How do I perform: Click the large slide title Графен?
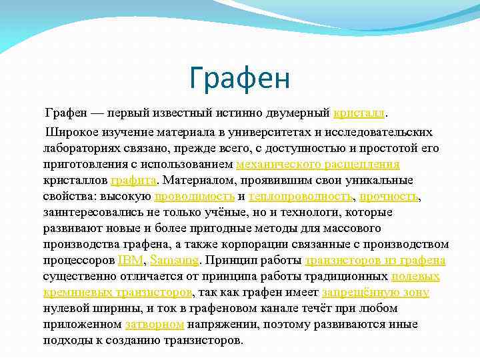pyautogui.click(x=239, y=78)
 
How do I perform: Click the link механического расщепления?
pyautogui.click(x=317, y=164)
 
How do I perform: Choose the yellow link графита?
pyautogui.click(x=133, y=180)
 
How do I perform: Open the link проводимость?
pyautogui.click(x=194, y=196)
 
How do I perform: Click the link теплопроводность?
pyautogui.click(x=300, y=196)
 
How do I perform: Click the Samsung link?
pyautogui.click(x=175, y=260)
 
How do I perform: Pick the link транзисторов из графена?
pyautogui.click(x=375, y=260)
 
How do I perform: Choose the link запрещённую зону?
pyautogui.click(x=375, y=292)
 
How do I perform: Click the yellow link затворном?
pyautogui.click(x=154, y=324)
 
